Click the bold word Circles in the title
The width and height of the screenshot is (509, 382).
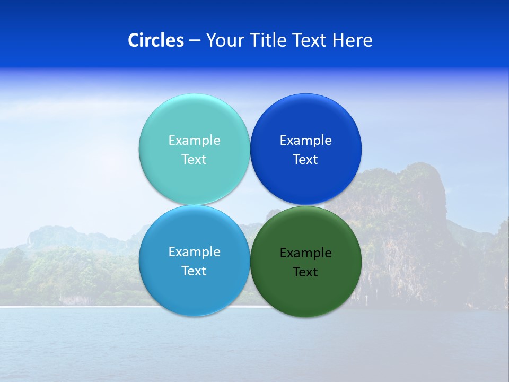pos(155,40)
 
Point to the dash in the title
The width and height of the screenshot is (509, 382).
pos(195,40)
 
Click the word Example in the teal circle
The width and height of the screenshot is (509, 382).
pos(194,141)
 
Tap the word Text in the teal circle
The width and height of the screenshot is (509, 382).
pos(194,160)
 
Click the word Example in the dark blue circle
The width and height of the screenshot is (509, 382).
pos(305,141)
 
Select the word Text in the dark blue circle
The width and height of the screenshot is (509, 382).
pos(305,160)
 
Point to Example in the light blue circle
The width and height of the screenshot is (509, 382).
pos(194,252)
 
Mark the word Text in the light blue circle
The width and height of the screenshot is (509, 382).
pos(194,271)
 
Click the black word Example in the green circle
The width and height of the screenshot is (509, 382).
pos(305,253)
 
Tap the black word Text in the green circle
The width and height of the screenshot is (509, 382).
pos(305,272)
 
